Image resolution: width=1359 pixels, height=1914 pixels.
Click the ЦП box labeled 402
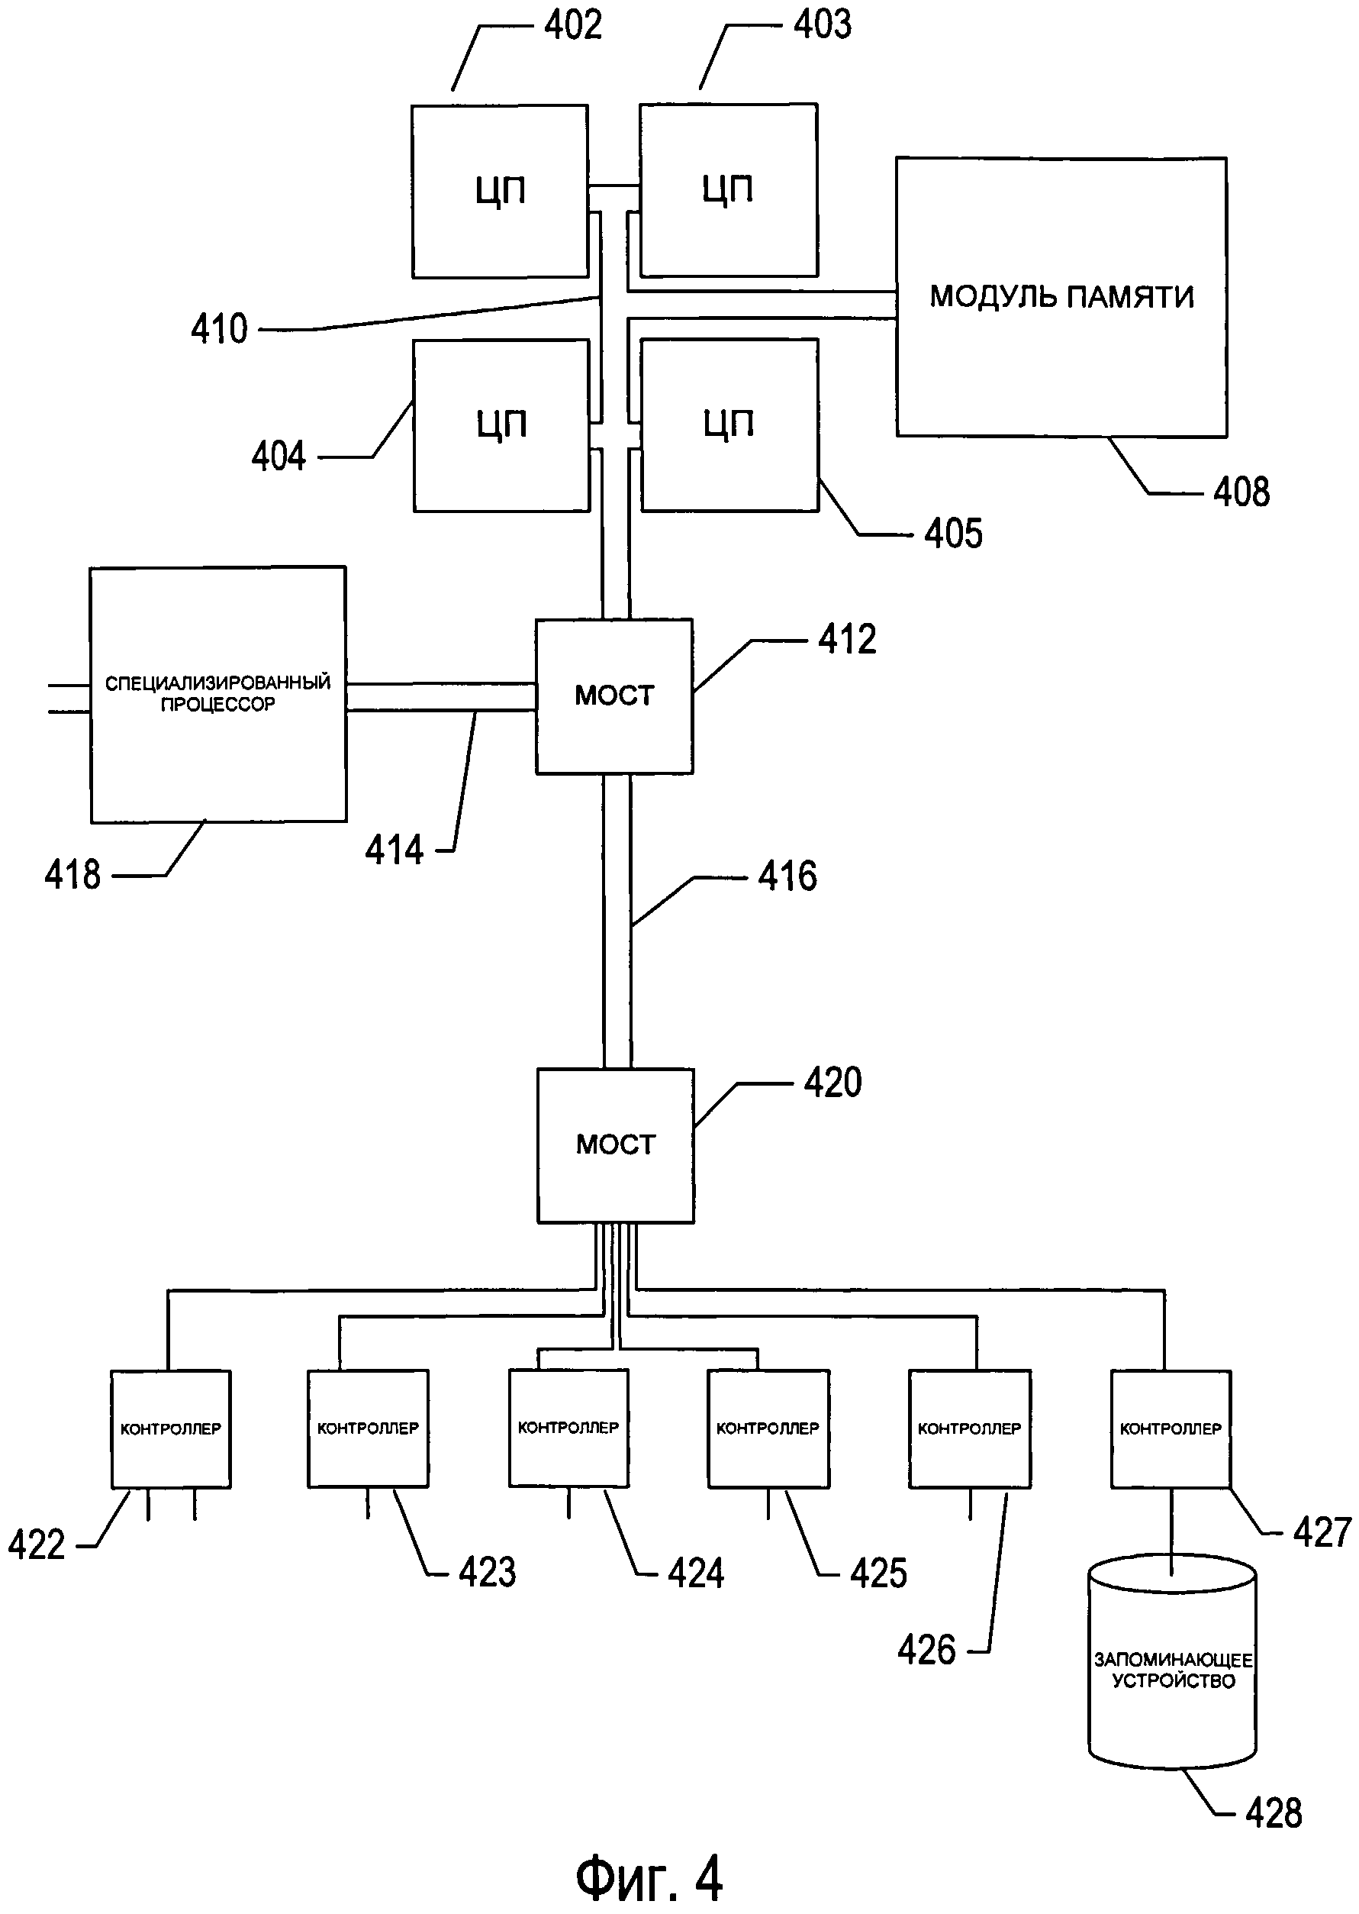tap(500, 191)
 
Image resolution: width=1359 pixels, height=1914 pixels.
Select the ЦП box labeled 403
tap(728, 190)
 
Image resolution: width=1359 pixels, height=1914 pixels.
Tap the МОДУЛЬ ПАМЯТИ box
tap(1061, 297)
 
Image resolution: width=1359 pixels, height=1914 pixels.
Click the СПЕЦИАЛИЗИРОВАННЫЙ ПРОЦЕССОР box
tap(217, 694)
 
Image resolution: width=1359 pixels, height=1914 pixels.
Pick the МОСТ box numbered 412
tap(614, 696)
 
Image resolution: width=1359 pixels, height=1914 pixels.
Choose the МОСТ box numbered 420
tap(615, 1144)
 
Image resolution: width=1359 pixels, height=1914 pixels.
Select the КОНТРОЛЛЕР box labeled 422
tap(171, 1428)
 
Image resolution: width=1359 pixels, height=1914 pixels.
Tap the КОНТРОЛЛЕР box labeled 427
tap(1171, 1428)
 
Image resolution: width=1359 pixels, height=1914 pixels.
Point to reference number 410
tap(219, 329)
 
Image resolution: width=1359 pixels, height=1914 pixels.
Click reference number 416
tap(787, 876)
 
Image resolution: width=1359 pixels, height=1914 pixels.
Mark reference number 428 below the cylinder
tap(1274, 1812)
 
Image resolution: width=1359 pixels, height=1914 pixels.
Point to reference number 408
tap(1241, 492)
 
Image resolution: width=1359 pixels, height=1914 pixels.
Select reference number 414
tap(394, 850)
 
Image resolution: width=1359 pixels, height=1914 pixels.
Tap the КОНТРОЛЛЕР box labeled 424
tap(568, 1428)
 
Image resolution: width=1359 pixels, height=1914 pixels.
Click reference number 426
tap(926, 1651)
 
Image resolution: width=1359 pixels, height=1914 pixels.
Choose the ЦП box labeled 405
tap(729, 424)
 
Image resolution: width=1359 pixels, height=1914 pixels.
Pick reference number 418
tap(72, 875)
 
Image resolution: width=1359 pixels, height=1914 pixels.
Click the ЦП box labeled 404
tap(501, 424)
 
